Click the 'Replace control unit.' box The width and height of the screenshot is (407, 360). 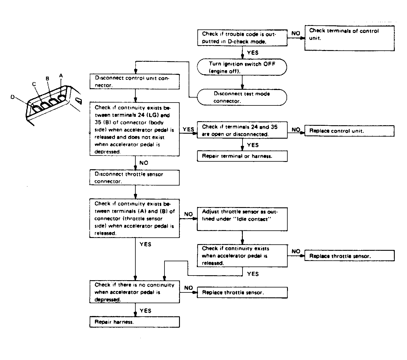pos(349,131)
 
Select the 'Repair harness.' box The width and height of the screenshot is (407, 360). pos(135,322)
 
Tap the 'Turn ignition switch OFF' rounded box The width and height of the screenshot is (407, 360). pos(242,67)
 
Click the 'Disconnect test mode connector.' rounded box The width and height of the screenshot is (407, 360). pos(242,97)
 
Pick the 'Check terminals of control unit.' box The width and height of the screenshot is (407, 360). pos(349,38)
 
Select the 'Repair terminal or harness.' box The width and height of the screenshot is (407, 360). pos(242,156)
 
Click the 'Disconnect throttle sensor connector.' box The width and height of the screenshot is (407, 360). pos(135,177)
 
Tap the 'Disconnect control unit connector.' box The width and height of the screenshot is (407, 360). pos(135,81)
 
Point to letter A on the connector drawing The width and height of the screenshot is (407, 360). pos(61,75)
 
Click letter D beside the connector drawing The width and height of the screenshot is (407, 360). pos(13,97)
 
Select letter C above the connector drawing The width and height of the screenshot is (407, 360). pos(34,84)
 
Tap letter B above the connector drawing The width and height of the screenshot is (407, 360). pos(47,78)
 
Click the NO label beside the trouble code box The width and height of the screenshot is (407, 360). pos(296,33)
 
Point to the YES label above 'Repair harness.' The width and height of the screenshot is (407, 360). pos(146,311)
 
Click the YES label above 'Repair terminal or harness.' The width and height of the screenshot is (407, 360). pos(253,145)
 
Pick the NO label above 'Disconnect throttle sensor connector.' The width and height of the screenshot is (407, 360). pos(144,163)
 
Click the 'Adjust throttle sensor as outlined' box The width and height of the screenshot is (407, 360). pos(242,219)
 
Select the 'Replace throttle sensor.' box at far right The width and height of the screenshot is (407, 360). pos(350,256)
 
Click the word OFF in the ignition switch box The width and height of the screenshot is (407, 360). pos(269,64)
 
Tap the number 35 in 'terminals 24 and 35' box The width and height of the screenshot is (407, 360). pos(274,127)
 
